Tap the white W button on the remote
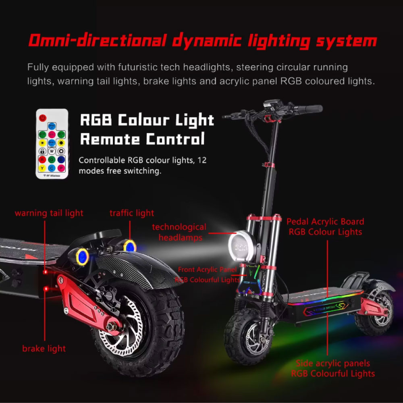[x=52, y=151]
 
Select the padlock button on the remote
[x=42, y=151]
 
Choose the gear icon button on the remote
[x=61, y=151]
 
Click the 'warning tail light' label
[x=49, y=213]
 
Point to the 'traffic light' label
[x=132, y=213]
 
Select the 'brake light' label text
[x=44, y=348]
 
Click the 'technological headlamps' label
[x=179, y=232]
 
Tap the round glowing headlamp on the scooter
[x=241, y=244]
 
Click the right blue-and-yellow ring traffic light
[x=129, y=245]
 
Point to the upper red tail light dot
[x=45, y=272]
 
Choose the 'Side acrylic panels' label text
[x=333, y=363]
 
